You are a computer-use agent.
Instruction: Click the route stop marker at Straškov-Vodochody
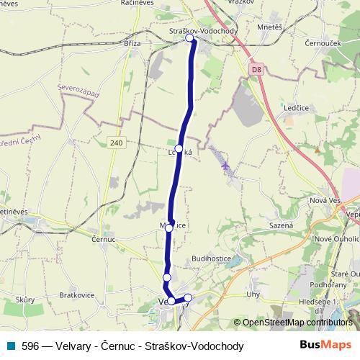tap(191, 39)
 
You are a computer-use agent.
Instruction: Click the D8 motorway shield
tap(256, 70)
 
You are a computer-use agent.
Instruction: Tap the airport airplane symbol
tap(227, 167)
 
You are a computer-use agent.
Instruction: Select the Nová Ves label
tap(323, 200)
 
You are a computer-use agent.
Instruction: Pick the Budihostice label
tap(211, 258)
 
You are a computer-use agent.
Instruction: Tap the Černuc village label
tap(104, 238)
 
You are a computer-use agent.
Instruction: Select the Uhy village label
tap(252, 294)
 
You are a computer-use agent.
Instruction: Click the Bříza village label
tap(132, 43)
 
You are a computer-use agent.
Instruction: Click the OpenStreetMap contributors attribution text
tap(295, 322)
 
